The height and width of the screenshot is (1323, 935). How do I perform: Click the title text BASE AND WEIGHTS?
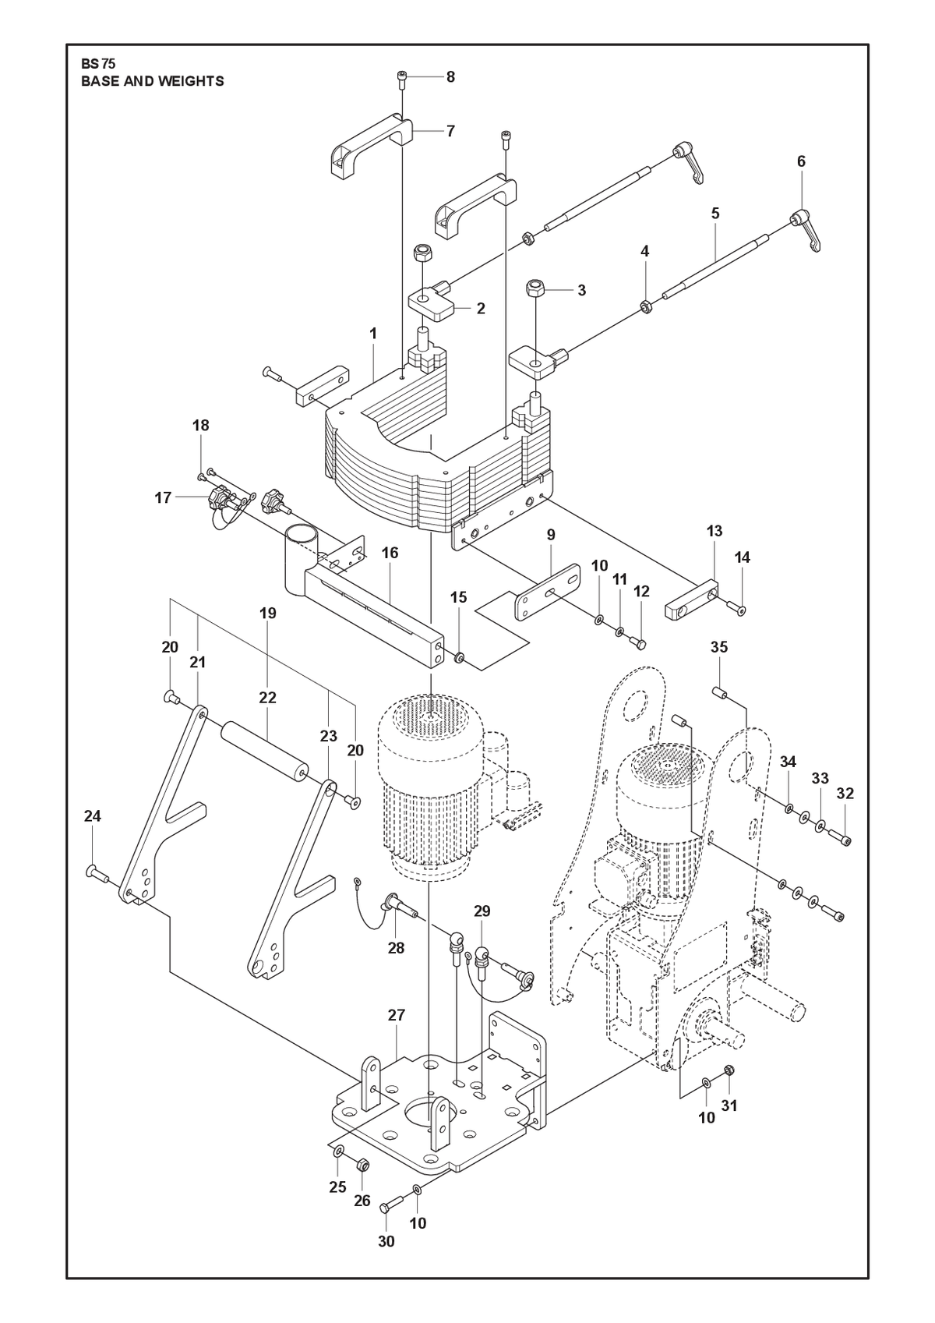pos(152,82)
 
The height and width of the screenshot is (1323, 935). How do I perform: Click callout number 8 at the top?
pos(450,76)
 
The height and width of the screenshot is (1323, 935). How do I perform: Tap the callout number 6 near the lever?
pos(801,161)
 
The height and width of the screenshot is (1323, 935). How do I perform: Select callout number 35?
pos(719,647)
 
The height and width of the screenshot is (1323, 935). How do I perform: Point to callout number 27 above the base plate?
pos(396,1015)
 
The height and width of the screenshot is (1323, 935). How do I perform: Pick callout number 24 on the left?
pos(93,816)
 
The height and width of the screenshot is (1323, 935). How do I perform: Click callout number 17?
pos(163,498)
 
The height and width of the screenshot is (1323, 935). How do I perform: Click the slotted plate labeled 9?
pos(549,593)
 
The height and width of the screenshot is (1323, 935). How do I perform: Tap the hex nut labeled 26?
pos(364,1166)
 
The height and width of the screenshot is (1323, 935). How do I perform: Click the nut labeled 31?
pos(729,1070)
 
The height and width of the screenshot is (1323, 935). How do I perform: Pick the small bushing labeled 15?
pos(459,657)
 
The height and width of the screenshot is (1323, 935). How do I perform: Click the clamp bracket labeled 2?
pos(432,303)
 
